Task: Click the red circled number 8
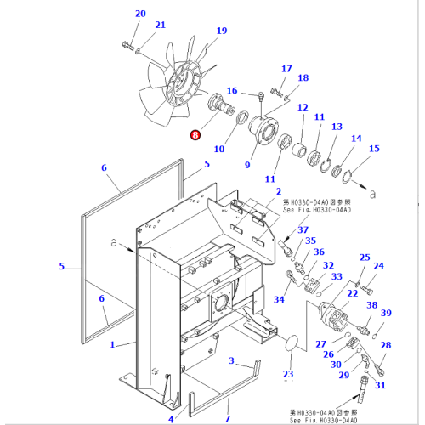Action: [196, 133]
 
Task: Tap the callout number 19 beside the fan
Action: [222, 31]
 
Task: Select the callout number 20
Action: [140, 14]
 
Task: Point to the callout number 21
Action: [160, 25]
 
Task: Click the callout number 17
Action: [286, 69]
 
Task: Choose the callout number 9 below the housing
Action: [247, 164]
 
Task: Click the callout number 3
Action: [230, 361]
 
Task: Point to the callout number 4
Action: [171, 419]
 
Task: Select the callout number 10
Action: [218, 149]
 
